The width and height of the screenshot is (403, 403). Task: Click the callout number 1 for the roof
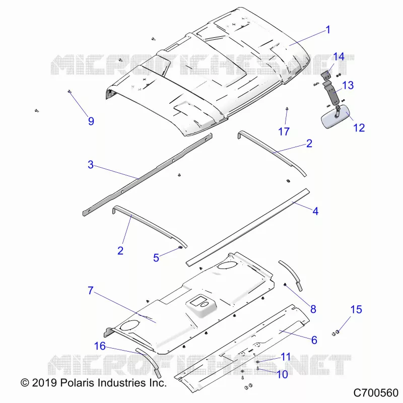click(328, 30)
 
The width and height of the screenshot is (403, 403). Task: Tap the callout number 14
click(339, 56)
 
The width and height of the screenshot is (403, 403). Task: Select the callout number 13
click(348, 85)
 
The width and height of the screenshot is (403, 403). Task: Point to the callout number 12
click(359, 128)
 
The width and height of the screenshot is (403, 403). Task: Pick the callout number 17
click(284, 131)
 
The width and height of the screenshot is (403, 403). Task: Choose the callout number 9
click(91, 121)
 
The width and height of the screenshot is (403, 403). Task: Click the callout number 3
click(91, 165)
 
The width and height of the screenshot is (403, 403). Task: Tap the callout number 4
click(315, 211)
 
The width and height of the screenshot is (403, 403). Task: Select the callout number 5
click(156, 258)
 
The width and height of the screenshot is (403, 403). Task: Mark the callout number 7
click(91, 291)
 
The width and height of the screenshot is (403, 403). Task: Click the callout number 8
click(313, 309)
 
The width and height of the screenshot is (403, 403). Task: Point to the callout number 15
click(356, 309)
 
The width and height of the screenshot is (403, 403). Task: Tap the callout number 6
click(314, 340)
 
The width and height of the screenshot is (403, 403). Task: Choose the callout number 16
click(100, 346)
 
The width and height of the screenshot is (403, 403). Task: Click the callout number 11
click(286, 357)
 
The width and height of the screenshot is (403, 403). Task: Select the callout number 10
click(282, 374)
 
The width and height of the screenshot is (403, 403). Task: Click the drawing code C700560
click(376, 393)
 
